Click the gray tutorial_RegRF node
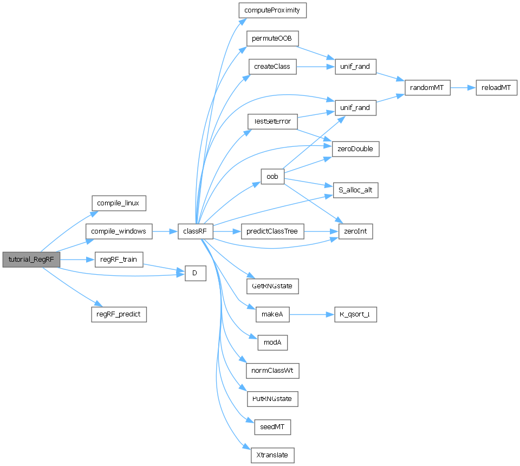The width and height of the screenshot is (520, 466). (31, 260)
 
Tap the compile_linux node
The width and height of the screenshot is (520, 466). (118, 203)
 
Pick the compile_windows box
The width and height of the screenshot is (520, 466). (119, 231)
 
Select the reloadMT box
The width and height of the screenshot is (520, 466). (497, 88)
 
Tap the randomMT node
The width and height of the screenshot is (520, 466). (428, 88)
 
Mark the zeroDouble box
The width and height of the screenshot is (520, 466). (355, 149)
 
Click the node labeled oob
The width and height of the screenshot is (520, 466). (272, 176)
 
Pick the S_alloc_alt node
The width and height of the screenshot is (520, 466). (355, 190)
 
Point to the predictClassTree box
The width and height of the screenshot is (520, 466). (272, 231)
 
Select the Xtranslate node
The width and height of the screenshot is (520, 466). (272, 455)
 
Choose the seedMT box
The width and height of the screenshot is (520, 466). (272, 427)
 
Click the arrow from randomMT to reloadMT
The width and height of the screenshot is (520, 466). (463, 88)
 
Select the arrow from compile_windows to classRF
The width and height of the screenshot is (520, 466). (165, 231)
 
